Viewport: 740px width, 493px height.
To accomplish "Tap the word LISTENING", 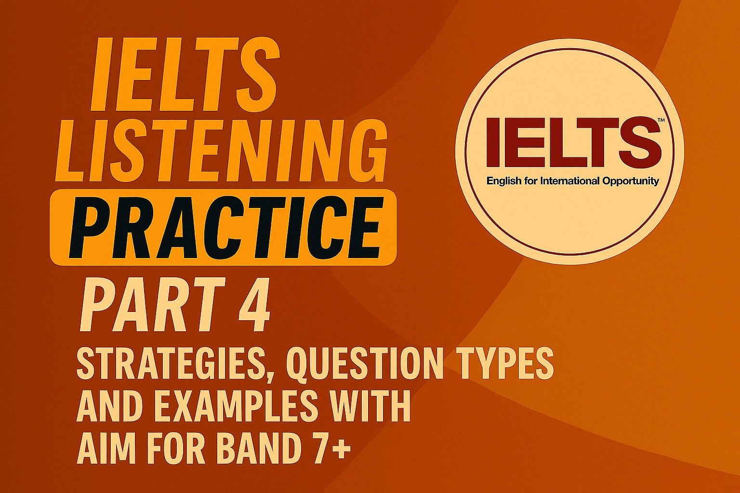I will [221, 149].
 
